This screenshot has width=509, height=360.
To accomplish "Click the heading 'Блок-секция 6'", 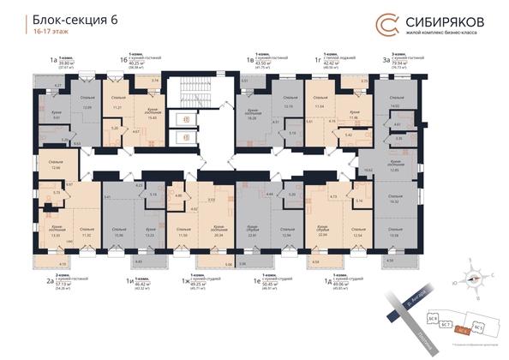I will pyautogui.click(x=75, y=21).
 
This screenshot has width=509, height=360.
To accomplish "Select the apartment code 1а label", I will pyautogui.click(x=53, y=61).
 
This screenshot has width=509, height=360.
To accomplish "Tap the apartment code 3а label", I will pyautogui.click(x=384, y=61).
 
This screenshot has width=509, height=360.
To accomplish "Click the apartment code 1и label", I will pyautogui.click(x=129, y=280).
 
